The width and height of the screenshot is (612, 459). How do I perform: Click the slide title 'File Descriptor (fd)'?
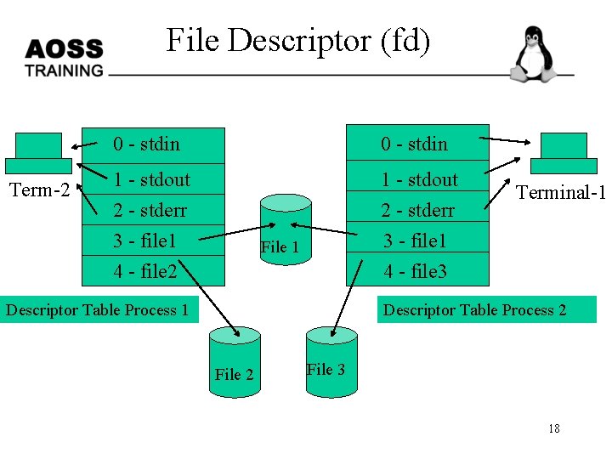pos(298,40)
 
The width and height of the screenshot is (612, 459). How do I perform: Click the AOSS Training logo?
pos(64,58)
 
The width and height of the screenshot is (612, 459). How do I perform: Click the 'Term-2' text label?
pos(38,190)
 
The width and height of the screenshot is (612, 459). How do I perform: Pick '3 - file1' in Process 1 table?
pos(144,241)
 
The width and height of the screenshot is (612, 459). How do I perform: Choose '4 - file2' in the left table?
pos(144,272)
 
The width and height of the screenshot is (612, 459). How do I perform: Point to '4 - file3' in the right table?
pos(415,272)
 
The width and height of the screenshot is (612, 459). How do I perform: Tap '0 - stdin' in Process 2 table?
pos(414,144)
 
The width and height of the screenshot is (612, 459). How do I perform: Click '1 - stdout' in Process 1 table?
pos(152,179)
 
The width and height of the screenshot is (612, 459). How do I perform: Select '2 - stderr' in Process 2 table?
pos(417,210)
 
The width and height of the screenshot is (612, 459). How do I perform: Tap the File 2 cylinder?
pos(234,358)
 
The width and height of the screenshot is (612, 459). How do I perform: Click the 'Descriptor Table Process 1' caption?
pos(98,309)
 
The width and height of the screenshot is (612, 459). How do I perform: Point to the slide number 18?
pos(553,428)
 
